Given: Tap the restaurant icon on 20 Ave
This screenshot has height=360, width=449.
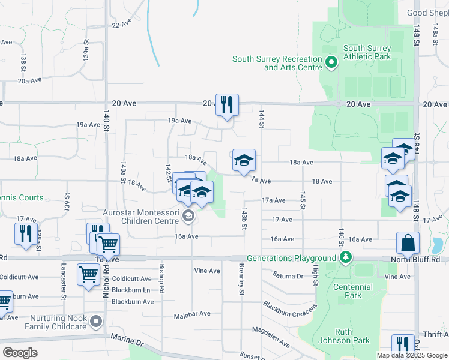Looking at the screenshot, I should pos(227,105).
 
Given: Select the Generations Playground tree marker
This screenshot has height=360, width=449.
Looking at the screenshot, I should pos(345,258).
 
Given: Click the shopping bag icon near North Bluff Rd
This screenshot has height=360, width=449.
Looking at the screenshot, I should pos(408,243).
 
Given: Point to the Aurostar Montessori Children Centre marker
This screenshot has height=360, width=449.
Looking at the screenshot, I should pos(188,215).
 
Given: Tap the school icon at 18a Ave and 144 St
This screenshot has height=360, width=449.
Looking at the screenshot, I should pos(244,160).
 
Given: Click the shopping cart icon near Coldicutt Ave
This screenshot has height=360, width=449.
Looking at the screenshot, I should pos(88,275).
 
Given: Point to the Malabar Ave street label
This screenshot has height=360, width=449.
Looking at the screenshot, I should pos(192,314).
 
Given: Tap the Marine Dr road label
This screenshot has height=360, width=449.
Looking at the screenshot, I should pos(127,340).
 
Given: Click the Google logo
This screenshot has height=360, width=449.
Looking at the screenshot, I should pos(20,352).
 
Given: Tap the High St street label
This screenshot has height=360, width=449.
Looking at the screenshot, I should pos(315,280).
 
